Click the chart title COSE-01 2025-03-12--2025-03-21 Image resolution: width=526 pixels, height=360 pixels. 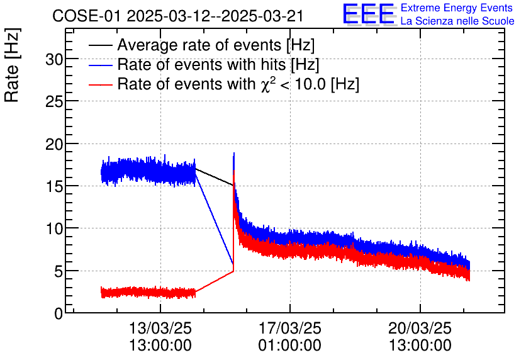coord(178,16)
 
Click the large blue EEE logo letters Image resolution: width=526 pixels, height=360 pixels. coord(369,14)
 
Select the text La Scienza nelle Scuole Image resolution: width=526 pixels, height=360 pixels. coord(457,21)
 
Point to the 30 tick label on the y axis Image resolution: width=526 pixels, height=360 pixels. coord(55,59)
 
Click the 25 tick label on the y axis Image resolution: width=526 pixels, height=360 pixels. coord(55,101)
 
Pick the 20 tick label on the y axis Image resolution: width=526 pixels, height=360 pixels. coord(55,143)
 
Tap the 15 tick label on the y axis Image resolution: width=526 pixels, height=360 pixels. coord(55,186)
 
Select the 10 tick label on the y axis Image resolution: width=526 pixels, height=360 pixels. coord(55,228)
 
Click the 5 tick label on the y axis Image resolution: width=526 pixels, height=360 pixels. coord(59,271)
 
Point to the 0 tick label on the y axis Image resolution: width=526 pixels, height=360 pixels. coord(59,313)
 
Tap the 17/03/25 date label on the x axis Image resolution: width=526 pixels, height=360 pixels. coord(289,329)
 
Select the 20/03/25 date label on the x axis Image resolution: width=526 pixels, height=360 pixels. coord(420,329)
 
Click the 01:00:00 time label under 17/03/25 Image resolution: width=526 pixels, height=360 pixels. coord(289,346)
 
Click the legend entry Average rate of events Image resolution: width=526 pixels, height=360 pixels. coord(216,45)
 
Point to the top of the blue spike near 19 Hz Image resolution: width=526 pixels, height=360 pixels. coord(234,153)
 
